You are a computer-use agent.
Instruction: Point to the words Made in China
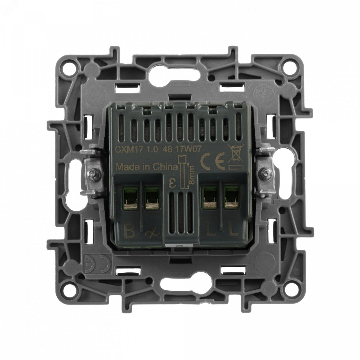click(x=147, y=167)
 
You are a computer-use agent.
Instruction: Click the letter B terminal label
click(x=129, y=232)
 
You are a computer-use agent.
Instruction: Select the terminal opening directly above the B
click(x=130, y=199)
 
